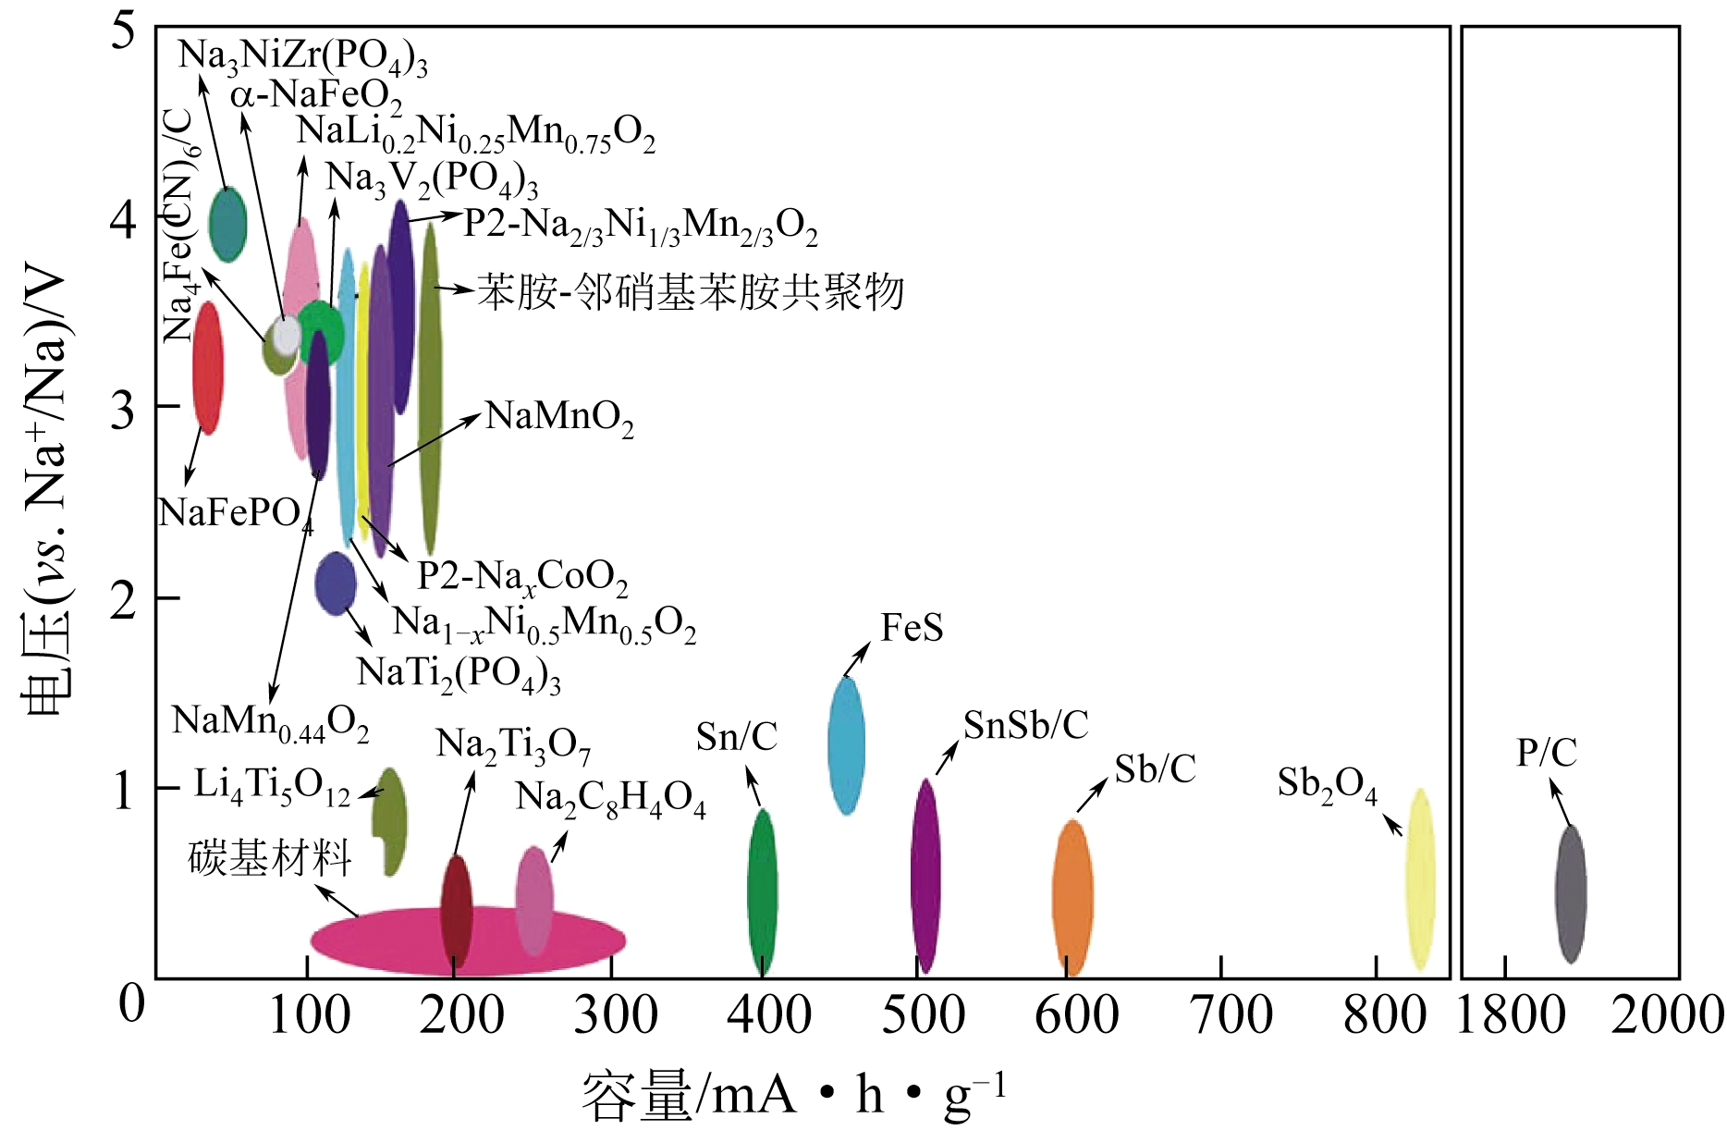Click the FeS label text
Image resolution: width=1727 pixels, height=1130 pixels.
(912, 628)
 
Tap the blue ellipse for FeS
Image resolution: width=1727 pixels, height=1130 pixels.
(846, 745)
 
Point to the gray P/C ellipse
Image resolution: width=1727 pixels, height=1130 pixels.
(1570, 893)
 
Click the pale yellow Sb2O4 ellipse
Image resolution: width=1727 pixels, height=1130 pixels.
(1419, 878)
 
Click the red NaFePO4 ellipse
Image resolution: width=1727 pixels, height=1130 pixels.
(208, 367)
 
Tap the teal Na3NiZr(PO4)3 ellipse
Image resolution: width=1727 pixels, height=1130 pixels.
(227, 224)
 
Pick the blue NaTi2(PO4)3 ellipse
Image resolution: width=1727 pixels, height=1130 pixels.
(336, 583)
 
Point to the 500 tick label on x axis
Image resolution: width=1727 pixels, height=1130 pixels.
(923, 1014)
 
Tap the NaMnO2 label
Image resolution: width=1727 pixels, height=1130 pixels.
(559, 417)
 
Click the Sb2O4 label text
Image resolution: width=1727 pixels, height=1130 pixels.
(1327, 784)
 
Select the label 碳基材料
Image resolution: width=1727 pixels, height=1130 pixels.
(269, 858)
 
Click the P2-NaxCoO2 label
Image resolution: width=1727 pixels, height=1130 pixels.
(522, 577)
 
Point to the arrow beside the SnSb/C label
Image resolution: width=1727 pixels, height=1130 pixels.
(947, 757)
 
